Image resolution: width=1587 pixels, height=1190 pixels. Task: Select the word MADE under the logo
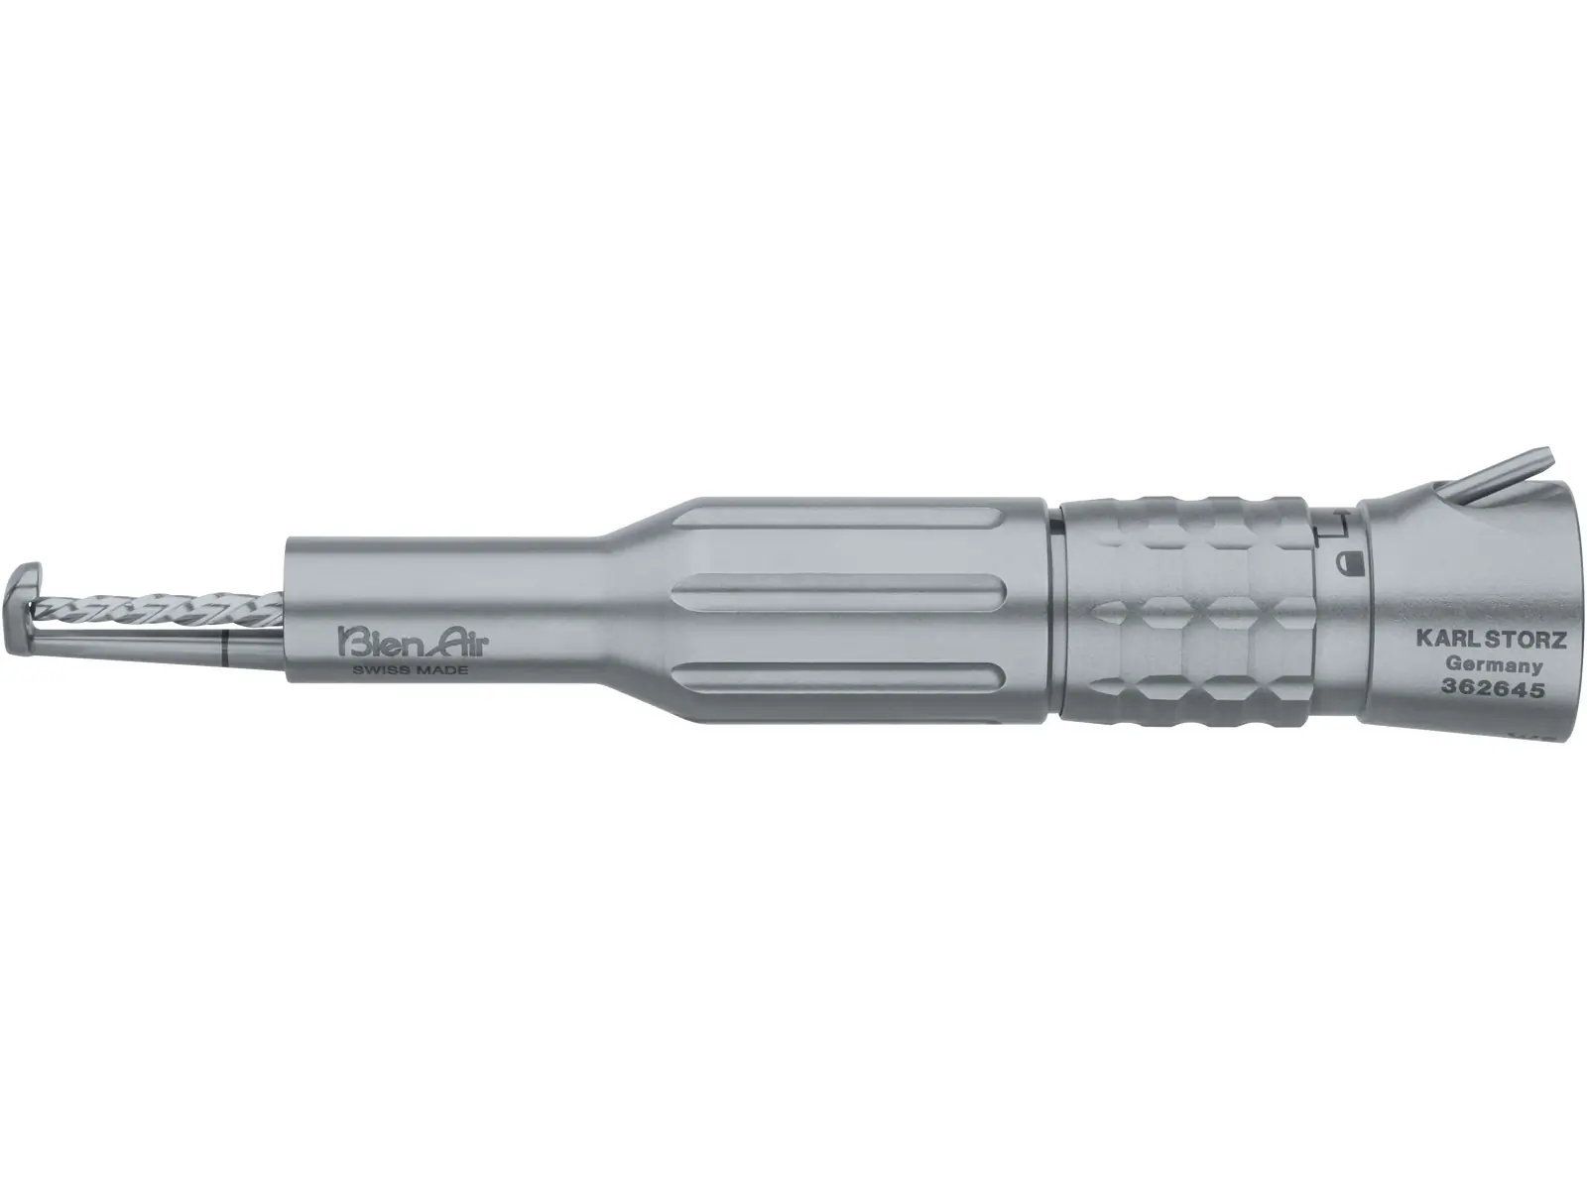click(442, 669)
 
